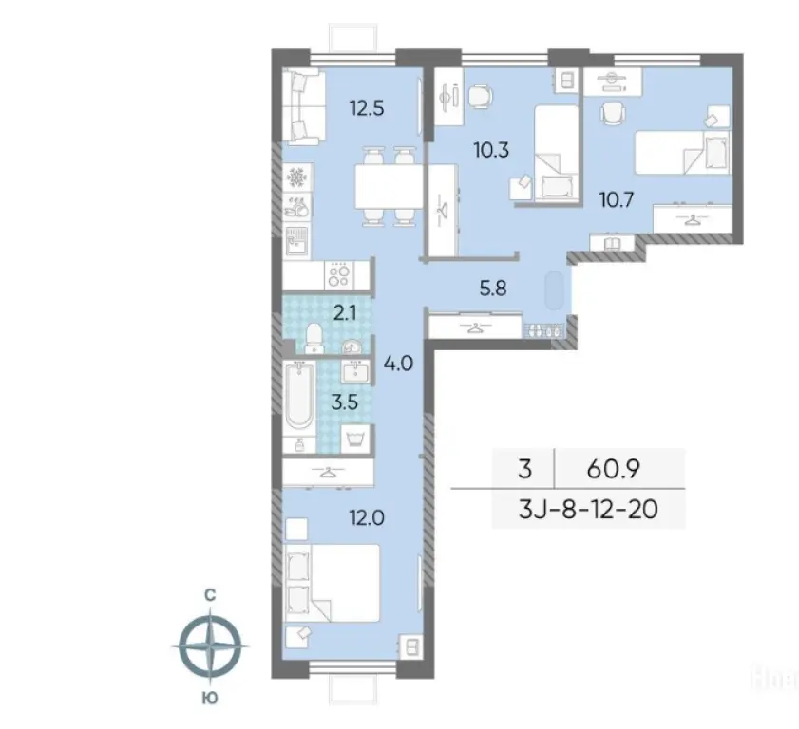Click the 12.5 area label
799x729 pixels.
(x=367, y=108)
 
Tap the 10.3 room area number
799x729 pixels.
(x=491, y=150)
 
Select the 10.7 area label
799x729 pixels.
(x=617, y=199)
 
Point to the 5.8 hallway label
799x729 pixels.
(x=493, y=289)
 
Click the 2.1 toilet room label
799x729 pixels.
(x=345, y=313)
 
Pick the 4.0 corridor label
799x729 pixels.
(x=398, y=364)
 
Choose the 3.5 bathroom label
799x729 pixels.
(x=345, y=402)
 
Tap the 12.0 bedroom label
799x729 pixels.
(x=367, y=517)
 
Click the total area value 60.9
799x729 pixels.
(x=614, y=469)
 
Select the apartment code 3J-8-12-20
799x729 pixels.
(x=588, y=509)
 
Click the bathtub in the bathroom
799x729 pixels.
(x=299, y=398)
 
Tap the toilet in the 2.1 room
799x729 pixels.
(x=314, y=338)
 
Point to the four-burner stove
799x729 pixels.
(x=339, y=275)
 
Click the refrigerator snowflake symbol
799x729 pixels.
(x=296, y=178)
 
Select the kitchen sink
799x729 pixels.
(x=296, y=240)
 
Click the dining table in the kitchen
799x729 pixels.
(x=389, y=186)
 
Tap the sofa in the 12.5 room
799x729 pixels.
(x=304, y=107)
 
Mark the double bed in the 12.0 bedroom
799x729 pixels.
(x=333, y=583)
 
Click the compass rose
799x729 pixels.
(x=210, y=646)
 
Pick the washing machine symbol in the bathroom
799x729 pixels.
(x=354, y=438)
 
